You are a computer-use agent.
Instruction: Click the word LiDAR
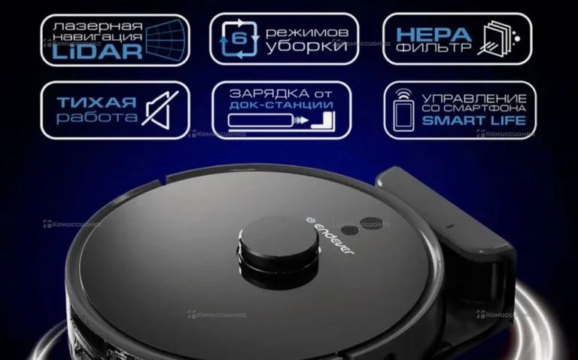[x=97, y=52]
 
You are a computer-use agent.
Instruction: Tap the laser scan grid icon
[x=166, y=40]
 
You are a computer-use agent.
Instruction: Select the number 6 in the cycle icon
[x=239, y=38]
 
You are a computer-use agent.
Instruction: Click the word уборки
[x=307, y=47]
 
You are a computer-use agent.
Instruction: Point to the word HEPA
[x=433, y=35]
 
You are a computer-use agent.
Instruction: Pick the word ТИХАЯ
[x=96, y=102]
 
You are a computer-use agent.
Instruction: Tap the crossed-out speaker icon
[x=160, y=110]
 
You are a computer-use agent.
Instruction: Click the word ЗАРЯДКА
[x=269, y=93]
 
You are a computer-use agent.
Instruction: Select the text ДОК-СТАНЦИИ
[x=281, y=105]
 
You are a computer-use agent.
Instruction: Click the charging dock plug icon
[x=281, y=121]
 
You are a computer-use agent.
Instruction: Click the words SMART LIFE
[x=474, y=121]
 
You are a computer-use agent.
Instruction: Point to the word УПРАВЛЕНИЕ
[x=474, y=99]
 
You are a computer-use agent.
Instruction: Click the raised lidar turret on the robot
[x=278, y=252]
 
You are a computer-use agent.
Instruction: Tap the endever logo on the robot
[x=330, y=236]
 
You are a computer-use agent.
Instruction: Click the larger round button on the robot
[x=371, y=223]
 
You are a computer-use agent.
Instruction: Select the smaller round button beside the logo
[x=350, y=231]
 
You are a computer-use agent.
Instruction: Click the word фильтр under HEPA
[x=433, y=47]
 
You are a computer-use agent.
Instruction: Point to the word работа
[x=96, y=117]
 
